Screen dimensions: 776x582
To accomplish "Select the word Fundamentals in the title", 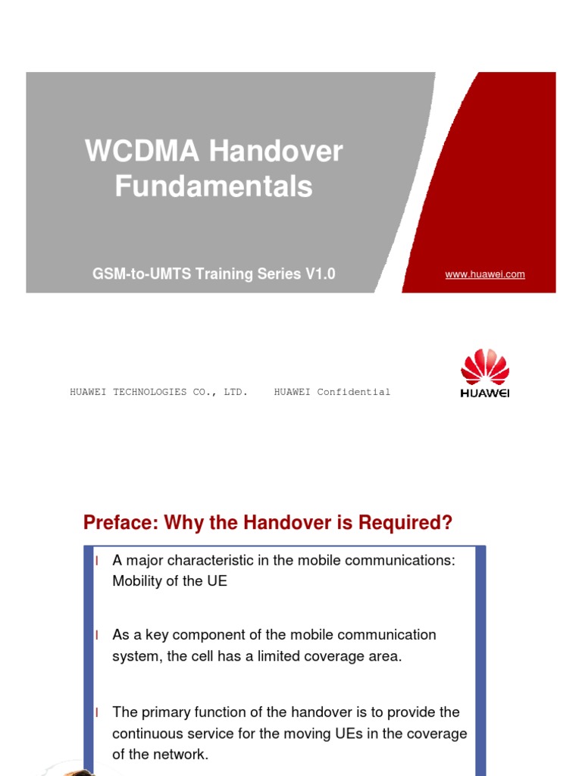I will click(x=214, y=186).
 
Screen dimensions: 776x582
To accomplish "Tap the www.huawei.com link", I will click(x=485, y=274).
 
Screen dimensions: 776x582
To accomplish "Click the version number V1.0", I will click(x=321, y=274).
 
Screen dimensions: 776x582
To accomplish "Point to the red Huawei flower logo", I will click(x=485, y=368).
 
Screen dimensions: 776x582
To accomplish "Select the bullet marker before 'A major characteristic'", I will click(x=97, y=561).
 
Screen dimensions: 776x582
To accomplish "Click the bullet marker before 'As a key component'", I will click(x=97, y=635).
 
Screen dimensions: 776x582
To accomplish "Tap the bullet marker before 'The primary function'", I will click(x=97, y=712).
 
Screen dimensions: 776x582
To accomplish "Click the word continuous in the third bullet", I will click(x=147, y=734).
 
